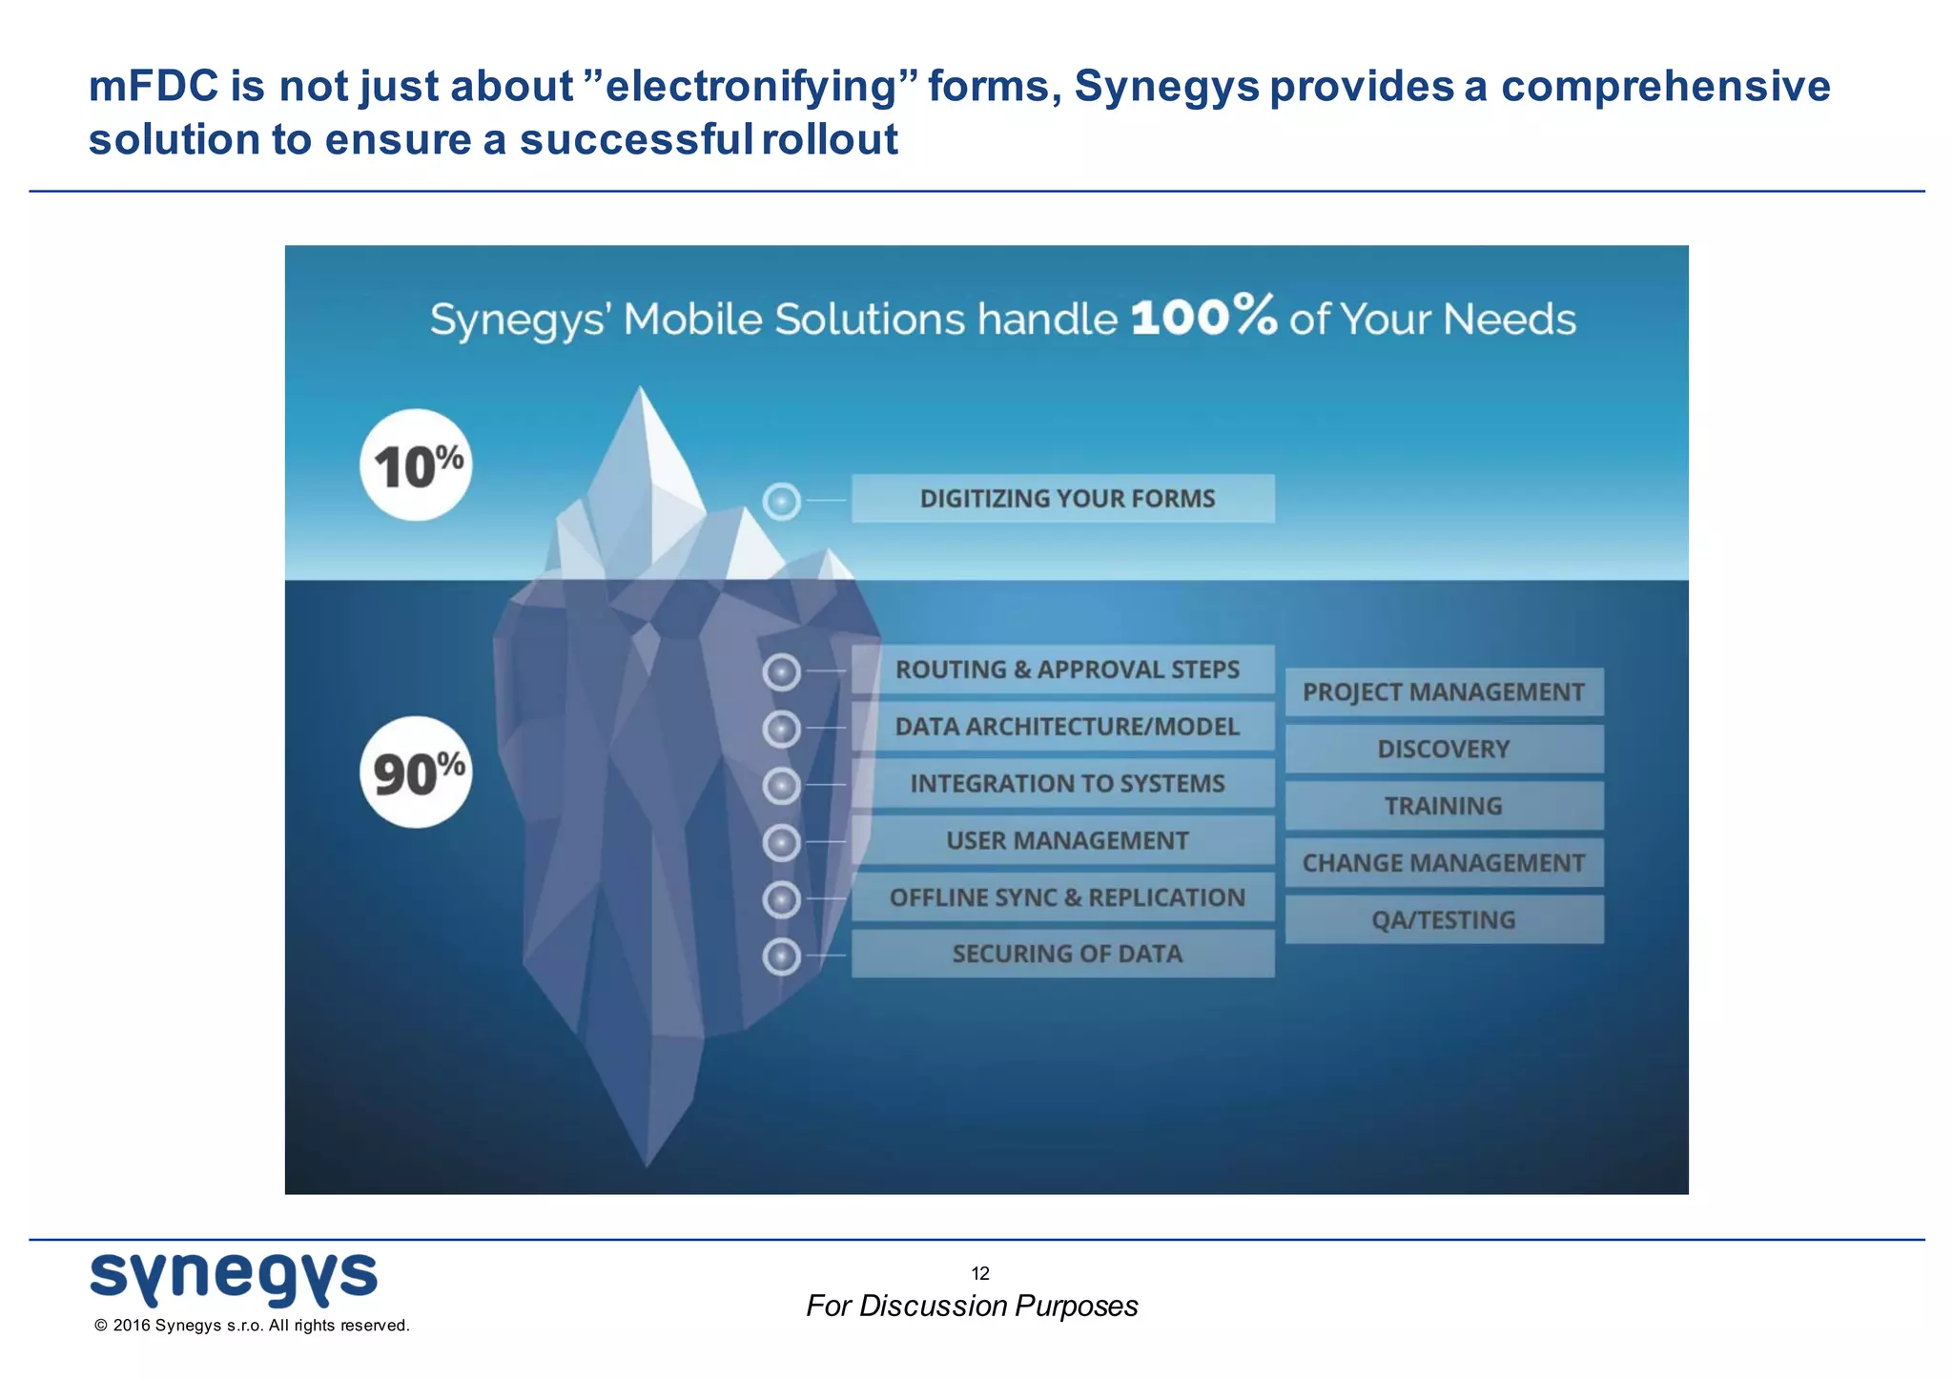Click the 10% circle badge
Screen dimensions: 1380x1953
(x=416, y=465)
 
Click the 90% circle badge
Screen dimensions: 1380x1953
(x=416, y=772)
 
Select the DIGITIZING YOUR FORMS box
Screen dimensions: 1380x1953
(x=1062, y=499)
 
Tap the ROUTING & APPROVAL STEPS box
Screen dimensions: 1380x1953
(x=1062, y=669)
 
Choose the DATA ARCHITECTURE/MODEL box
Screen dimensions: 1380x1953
(x=1062, y=727)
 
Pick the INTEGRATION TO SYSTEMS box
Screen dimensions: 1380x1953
(x=1062, y=784)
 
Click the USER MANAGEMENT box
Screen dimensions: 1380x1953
(x=1062, y=840)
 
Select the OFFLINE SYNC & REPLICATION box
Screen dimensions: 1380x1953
(x=1062, y=897)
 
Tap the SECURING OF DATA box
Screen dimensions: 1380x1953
(x=1062, y=954)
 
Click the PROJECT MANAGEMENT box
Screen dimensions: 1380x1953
(x=1444, y=692)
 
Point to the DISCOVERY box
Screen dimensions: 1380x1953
(x=1444, y=750)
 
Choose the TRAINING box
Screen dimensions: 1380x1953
(x=1444, y=806)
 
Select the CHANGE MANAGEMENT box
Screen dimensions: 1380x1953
(x=1444, y=863)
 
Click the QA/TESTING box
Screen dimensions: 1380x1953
(x=1444, y=920)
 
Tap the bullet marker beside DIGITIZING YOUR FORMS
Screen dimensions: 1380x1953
(x=782, y=501)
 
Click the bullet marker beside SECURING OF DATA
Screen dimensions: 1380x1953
(x=782, y=957)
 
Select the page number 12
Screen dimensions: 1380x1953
(x=980, y=1273)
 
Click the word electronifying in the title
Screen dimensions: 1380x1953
(x=751, y=86)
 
